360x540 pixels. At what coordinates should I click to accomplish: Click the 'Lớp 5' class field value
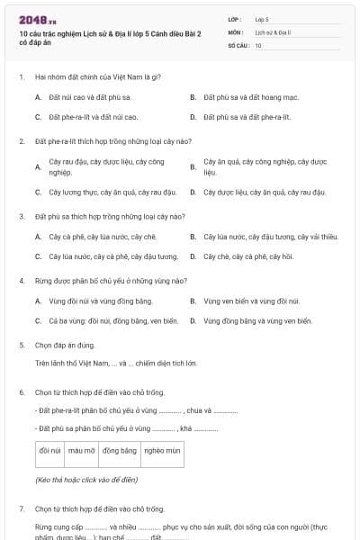(x=262, y=18)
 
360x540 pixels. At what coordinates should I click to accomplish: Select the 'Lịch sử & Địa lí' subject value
(x=270, y=31)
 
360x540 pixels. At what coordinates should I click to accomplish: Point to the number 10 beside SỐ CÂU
(x=258, y=44)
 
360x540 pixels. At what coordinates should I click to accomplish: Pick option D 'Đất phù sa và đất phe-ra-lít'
(x=247, y=117)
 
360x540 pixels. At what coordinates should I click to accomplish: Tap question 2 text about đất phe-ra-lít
(x=100, y=141)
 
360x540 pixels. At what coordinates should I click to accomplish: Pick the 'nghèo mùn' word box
(x=162, y=450)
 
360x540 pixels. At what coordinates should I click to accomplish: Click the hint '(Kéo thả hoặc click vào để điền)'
(x=86, y=481)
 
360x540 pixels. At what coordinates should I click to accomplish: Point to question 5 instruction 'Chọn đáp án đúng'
(x=62, y=345)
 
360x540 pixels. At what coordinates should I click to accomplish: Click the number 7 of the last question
(x=21, y=508)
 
